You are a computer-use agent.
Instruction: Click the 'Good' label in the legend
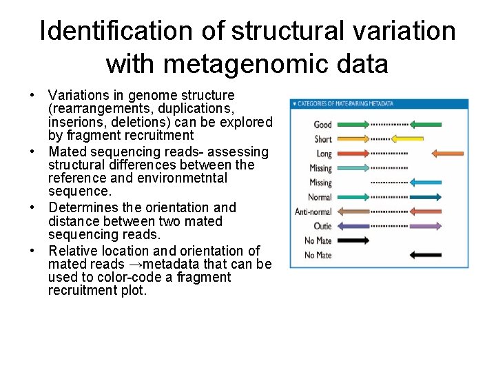(x=322, y=125)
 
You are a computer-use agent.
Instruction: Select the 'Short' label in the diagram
(x=323, y=139)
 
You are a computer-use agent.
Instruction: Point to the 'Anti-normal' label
(x=313, y=211)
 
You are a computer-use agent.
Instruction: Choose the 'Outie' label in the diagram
(x=322, y=226)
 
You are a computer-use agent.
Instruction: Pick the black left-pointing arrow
(x=425, y=255)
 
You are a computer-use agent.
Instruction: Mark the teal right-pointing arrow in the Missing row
(x=353, y=168)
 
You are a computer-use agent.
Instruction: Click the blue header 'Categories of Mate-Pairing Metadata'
(x=344, y=104)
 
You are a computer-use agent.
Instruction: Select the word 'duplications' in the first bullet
(x=200, y=108)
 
